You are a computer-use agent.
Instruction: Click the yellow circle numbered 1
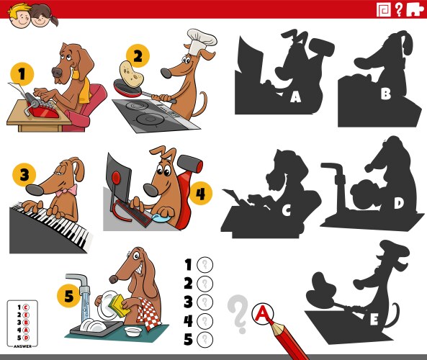tap(22, 74)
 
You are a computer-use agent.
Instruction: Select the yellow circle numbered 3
tap(24, 174)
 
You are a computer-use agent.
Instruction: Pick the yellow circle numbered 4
tap(201, 193)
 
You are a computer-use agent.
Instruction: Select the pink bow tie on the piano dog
tap(69, 191)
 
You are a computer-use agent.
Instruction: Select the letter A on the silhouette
tap(295, 96)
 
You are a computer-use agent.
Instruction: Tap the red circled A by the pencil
tap(264, 312)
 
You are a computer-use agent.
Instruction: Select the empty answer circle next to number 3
tap(205, 302)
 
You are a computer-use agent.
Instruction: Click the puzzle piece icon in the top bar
tap(415, 9)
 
